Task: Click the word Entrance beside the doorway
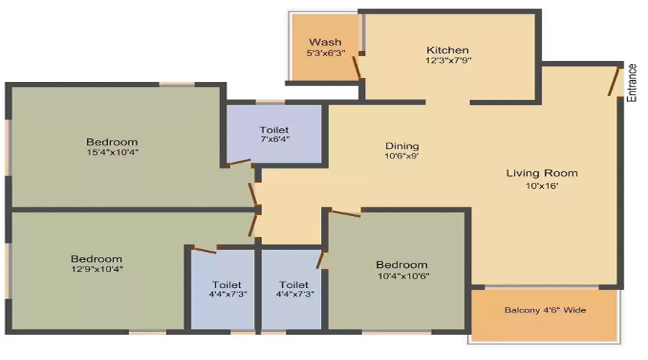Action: click(x=632, y=83)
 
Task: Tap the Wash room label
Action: click(x=325, y=42)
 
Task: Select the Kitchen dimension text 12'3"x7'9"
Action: click(x=448, y=60)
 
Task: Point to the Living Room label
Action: click(x=541, y=173)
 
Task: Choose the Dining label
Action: click(x=402, y=146)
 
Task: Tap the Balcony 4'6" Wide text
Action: click(x=545, y=310)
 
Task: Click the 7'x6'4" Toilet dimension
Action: click(x=274, y=139)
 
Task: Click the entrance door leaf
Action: click(x=614, y=81)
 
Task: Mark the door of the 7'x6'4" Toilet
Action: click(x=237, y=163)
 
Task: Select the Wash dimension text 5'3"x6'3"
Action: click(x=325, y=53)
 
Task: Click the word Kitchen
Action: click(x=448, y=50)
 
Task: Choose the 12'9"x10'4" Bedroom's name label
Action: click(x=96, y=258)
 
